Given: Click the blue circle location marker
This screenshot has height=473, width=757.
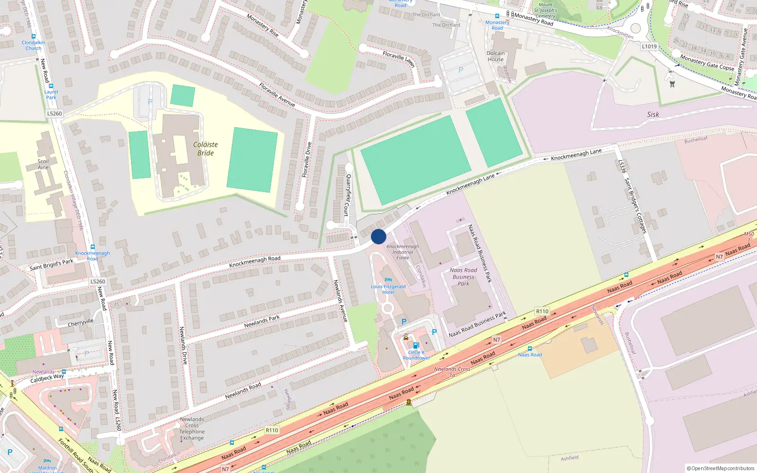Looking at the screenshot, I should click(x=378, y=236).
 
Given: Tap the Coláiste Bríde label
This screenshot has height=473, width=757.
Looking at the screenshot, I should click(x=205, y=149).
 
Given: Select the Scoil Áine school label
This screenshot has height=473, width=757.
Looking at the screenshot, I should click(x=43, y=164).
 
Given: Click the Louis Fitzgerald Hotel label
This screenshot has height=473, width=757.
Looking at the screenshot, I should click(x=388, y=289).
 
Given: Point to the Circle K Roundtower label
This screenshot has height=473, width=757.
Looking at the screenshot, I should click(x=416, y=355).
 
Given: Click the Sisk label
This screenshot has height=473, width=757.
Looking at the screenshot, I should click(x=653, y=114).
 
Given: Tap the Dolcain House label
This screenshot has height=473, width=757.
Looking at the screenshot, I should click(x=496, y=56).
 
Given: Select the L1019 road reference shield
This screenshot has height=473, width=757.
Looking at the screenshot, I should click(x=649, y=46).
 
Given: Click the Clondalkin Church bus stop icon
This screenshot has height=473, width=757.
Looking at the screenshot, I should click(x=34, y=36).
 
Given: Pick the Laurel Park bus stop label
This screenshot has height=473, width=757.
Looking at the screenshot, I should click(x=51, y=95).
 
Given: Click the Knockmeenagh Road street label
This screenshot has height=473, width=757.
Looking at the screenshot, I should click(x=255, y=262).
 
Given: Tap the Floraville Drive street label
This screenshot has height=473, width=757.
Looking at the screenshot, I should click(x=307, y=160).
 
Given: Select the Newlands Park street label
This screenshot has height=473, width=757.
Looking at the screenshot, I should click(x=262, y=322).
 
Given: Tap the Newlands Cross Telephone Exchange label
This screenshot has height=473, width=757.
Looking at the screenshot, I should click(x=192, y=429).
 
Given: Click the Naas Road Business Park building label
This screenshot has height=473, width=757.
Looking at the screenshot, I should click(x=464, y=277).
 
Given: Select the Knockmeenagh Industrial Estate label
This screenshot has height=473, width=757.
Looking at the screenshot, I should click(x=403, y=252).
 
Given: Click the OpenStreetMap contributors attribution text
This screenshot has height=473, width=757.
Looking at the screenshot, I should click(x=720, y=468).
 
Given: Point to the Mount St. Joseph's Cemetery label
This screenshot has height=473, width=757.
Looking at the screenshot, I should click(x=546, y=10).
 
